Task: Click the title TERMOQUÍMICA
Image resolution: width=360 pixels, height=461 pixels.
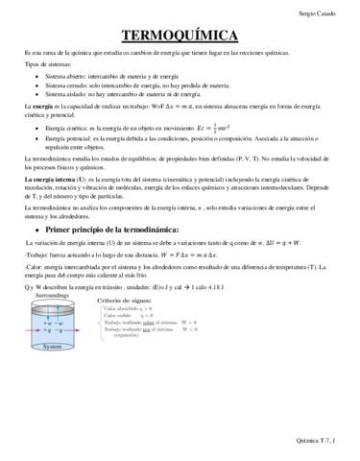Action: click(180, 36)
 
